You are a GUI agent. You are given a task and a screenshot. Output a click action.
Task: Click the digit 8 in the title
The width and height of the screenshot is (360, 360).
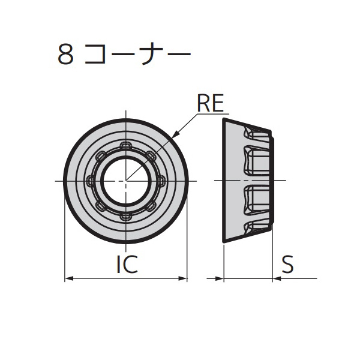coord(65,55)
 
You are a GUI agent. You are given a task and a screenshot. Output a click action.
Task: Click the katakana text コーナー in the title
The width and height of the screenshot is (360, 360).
coord(137,55)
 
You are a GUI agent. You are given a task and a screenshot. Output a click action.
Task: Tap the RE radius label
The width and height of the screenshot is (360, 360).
coord(210,104)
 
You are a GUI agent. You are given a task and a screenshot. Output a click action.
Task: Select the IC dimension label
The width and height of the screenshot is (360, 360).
coord(127,265)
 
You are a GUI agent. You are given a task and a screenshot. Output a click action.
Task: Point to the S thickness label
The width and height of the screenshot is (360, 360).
coord(288,265)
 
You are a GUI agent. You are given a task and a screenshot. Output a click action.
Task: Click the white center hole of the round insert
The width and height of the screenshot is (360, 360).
coord(125,181)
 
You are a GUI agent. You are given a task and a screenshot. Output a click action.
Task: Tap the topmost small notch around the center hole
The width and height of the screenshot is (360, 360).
coord(125,145)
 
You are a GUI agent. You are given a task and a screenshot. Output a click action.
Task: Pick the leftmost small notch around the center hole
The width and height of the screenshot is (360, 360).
coord(91,181)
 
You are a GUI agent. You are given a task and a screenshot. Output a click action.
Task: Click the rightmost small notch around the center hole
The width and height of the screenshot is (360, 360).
coord(160,181)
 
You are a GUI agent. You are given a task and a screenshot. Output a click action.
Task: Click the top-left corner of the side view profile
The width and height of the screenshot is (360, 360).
coord(224,119)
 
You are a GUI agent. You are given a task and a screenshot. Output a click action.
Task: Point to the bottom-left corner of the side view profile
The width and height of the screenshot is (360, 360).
coord(224,242)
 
